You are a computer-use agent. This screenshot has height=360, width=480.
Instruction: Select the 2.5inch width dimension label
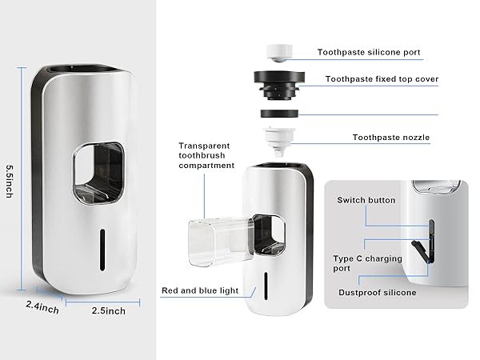[107, 310]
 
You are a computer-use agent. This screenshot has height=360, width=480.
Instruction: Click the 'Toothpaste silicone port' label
[368, 53]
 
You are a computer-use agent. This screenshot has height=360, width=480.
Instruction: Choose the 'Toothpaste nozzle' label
[391, 138]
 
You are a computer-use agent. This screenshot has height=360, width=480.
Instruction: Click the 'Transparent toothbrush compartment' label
[206, 155]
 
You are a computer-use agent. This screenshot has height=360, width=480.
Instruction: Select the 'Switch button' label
[366, 200]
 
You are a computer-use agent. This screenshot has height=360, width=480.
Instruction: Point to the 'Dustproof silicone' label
[376, 293]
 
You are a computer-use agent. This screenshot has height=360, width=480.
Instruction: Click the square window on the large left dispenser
[101, 171]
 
